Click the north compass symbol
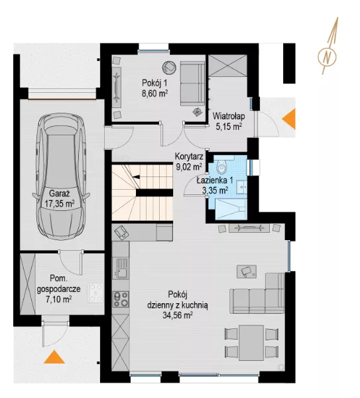[328, 56]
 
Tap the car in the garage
[61, 176]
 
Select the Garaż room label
[60, 194]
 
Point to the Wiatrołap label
[229, 116]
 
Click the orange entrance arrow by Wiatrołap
[289, 119]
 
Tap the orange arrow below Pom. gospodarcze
[54, 357]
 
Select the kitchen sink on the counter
[121, 268]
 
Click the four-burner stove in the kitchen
[121, 300]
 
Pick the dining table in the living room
[251, 343]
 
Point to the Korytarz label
[189, 157]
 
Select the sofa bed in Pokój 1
[192, 84]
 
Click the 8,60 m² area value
[154, 94]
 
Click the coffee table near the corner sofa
[247, 271]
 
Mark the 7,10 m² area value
[58, 300]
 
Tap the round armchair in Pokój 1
[169, 67]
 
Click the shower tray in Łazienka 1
[231, 209]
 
